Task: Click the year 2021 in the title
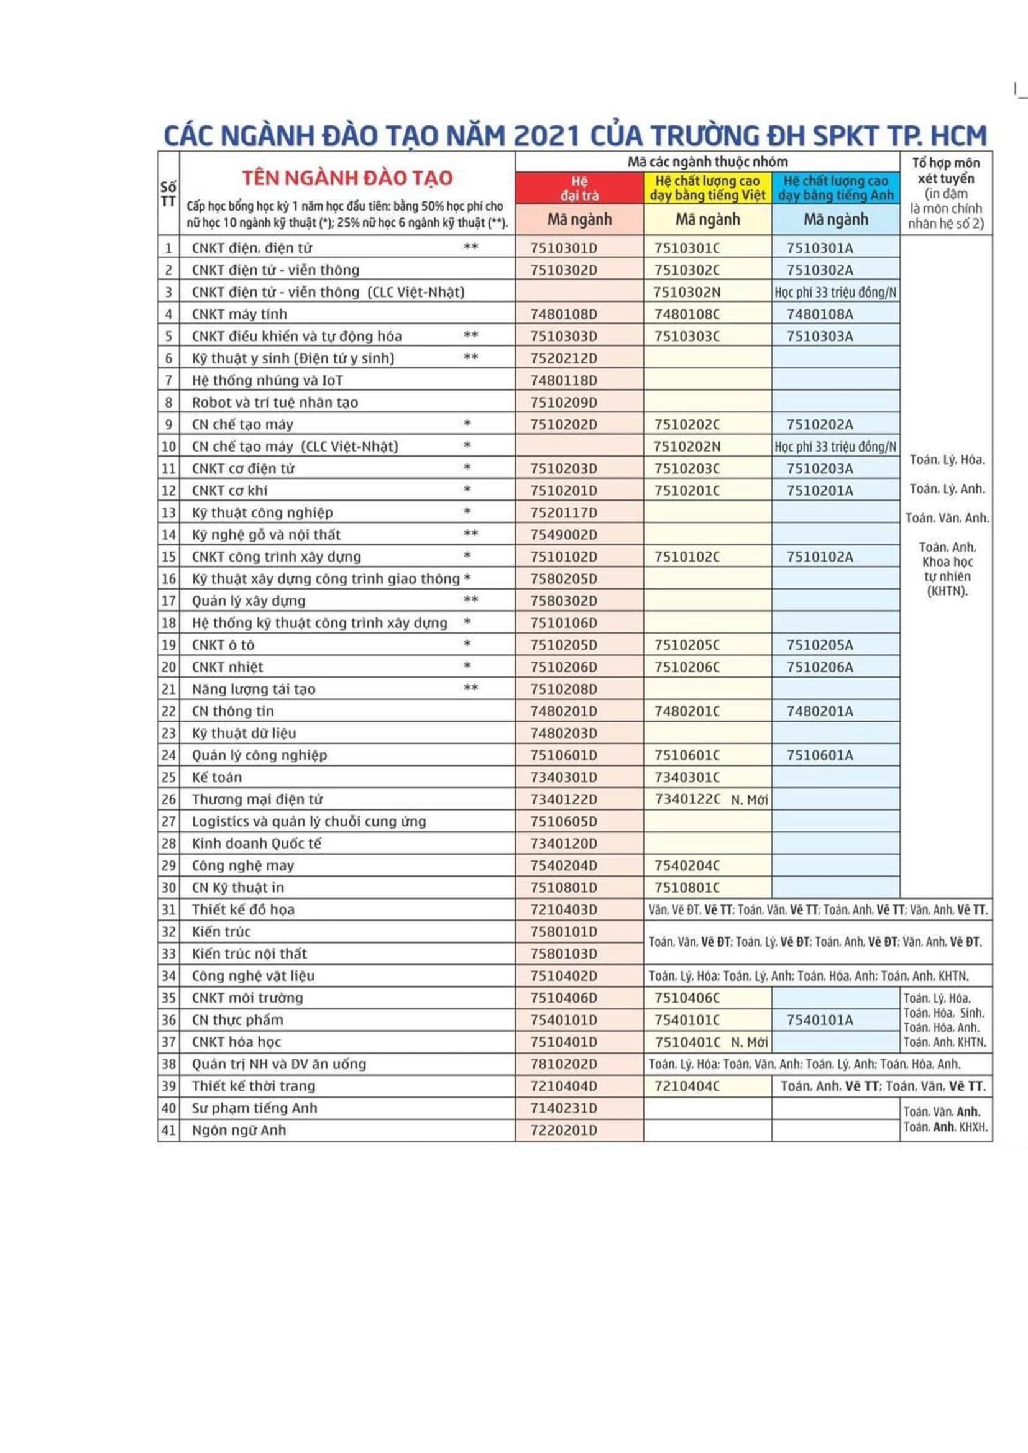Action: pos(548,136)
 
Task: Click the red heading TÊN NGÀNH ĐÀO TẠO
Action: pos(347,178)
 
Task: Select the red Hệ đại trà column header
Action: pos(579,189)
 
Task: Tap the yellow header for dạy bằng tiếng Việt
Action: pos(708,189)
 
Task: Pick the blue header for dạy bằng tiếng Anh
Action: pos(835,189)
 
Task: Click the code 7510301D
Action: pos(563,248)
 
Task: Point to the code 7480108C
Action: pos(687,314)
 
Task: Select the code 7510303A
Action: pos(820,336)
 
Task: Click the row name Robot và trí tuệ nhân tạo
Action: pos(275,403)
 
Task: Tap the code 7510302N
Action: pos(687,293)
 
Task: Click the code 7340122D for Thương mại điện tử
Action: pos(563,799)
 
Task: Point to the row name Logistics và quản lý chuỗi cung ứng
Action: pos(309,821)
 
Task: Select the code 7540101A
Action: pos(820,1019)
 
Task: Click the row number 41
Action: pos(168,1129)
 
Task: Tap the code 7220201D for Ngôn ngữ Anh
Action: pos(563,1129)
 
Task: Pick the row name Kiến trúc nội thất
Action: pos(249,954)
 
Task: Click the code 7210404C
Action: pos(687,1086)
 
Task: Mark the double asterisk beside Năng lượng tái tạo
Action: pos(470,688)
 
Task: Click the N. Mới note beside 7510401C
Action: pos(750,1042)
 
